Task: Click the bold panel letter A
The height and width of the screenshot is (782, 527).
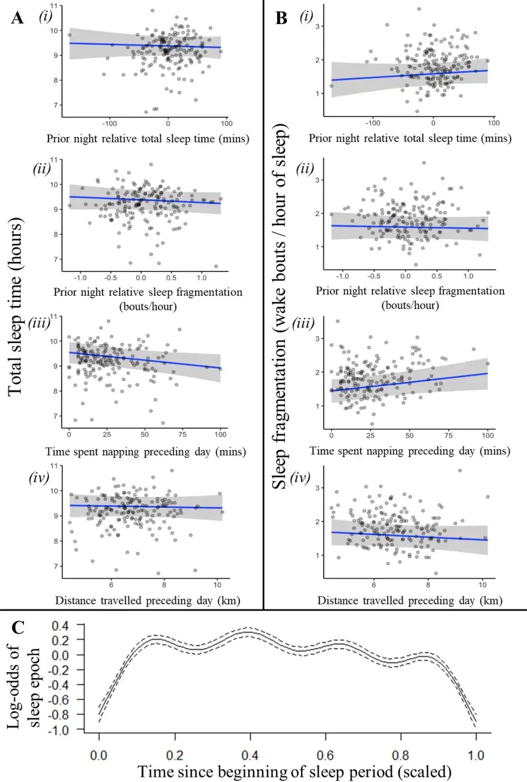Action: point(18,18)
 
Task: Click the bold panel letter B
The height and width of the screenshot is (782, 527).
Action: point(281,18)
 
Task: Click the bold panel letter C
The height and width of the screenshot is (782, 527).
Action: point(18,627)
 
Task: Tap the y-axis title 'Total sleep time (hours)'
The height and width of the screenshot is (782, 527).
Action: point(15,307)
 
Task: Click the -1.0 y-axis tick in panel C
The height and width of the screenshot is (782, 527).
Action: point(61,729)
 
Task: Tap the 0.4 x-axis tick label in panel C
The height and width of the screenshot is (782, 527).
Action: point(250,754)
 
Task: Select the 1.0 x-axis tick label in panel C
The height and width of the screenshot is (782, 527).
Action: point(476,754)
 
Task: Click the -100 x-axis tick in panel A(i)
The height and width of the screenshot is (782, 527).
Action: point(109,123)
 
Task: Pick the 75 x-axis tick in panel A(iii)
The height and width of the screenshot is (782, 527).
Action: point(182,434)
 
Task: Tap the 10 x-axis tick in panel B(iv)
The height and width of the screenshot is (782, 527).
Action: point(482,585)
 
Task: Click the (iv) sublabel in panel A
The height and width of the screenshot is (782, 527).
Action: point(39,477)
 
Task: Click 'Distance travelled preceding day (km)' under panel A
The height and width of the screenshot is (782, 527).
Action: point(148,600)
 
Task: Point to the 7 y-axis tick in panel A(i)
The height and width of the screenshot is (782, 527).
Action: point(56,105)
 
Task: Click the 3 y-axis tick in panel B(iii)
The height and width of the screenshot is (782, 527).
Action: point(318,339)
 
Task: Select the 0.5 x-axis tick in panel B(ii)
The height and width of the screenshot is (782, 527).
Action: point(437,276)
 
